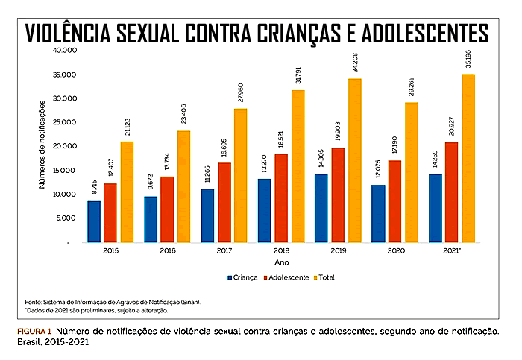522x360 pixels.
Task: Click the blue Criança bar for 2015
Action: coord(94,221)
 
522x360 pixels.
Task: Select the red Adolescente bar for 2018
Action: coord(281,198)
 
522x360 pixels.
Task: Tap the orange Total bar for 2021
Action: coord(468,158)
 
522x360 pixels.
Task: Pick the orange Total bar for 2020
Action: coord(412,172)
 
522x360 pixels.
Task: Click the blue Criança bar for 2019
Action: coord(321,208)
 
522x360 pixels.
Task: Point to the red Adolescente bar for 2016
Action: coord(168,209)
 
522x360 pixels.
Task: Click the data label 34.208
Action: coord(355,62)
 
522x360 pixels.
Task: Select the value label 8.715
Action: coord(94,187)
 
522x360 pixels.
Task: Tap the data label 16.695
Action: coord(224,148)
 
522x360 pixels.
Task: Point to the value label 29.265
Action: coord(412,86)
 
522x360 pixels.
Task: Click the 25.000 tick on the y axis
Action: coord(65,122)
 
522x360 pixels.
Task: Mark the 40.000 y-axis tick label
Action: coord(65,50)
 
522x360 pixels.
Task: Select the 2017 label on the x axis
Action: coord(224,251)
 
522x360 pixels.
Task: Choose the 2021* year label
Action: coord(452,251)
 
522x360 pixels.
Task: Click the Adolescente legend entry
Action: coord(286,277)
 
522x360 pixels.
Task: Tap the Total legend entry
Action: coord(324,277)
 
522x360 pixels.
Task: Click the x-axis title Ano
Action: coord(282,262)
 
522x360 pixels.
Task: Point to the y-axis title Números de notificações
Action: coord(42,145)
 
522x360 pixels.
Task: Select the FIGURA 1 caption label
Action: coord(34,332)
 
